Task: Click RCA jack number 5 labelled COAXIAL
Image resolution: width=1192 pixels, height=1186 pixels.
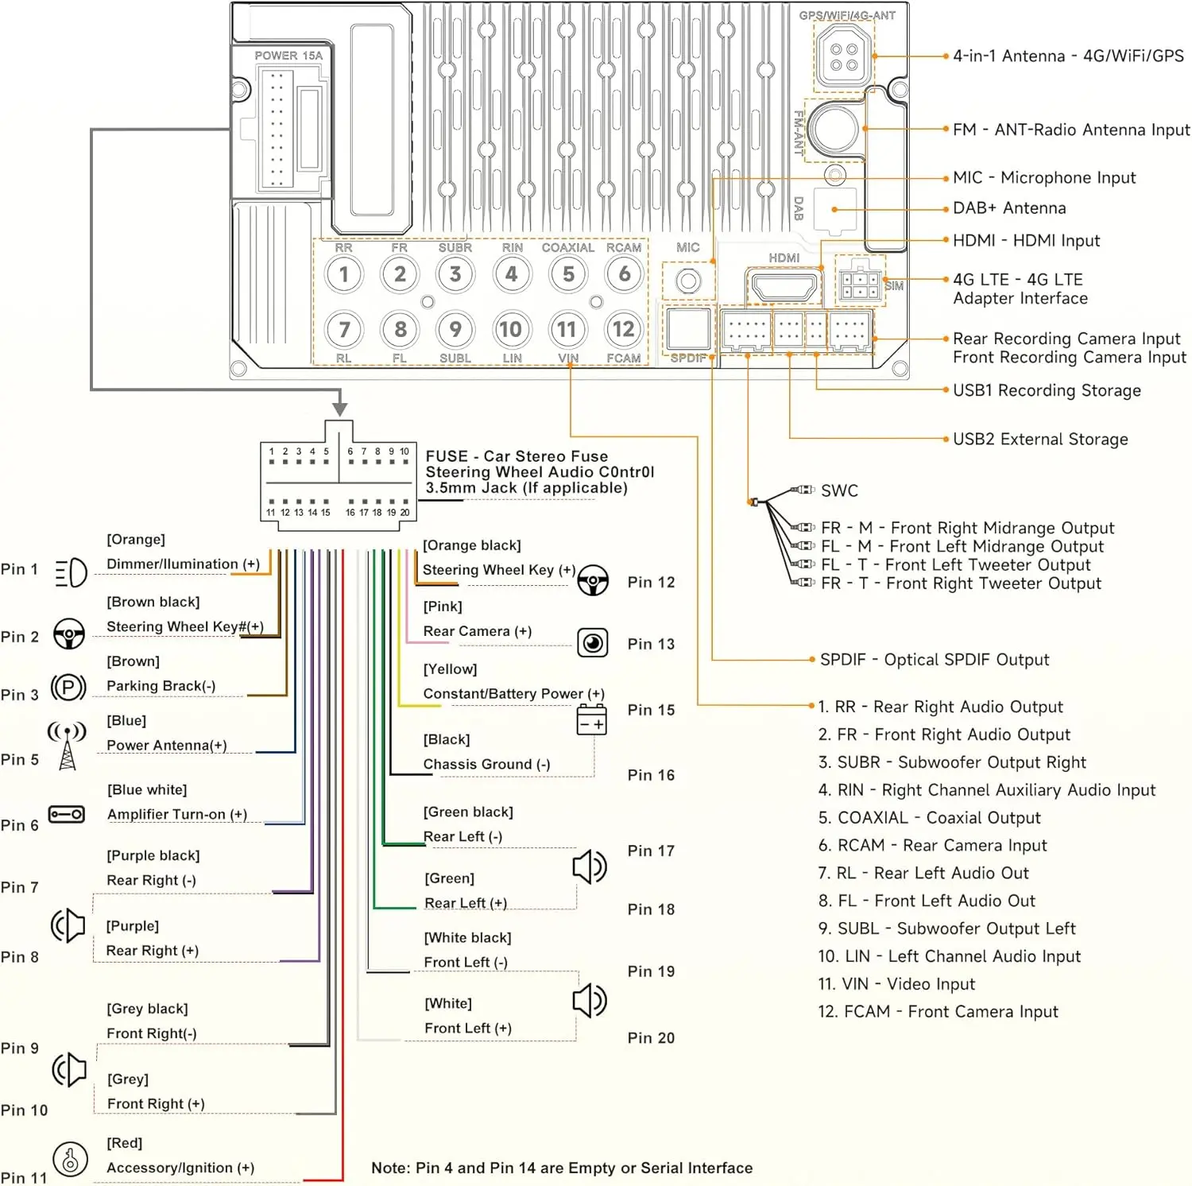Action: tap(568, 274)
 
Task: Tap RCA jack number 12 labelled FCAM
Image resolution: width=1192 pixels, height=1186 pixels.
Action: tap(624, 329)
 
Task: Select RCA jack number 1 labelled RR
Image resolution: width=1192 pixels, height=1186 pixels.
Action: tap(343, 274)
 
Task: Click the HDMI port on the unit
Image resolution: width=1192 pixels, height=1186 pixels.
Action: tap(784, 285)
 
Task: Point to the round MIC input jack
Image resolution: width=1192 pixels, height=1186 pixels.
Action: tap(688, 281)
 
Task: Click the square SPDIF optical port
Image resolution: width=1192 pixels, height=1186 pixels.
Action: tap(688, 328)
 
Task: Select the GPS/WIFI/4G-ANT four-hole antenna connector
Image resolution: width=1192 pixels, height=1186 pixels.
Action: tap(843, 56)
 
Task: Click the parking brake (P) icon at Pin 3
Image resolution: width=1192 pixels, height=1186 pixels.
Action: tap(68, 687)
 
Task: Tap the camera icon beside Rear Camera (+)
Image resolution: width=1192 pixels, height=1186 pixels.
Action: tap(593, 642)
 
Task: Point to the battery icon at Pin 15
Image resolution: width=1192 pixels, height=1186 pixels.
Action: tap(591, 719)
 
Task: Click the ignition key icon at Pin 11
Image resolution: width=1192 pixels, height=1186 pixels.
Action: tap(70, 1159)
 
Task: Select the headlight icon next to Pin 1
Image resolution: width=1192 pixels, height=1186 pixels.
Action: tap(71, 572)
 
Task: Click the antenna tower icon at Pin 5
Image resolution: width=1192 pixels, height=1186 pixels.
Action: tap(68, 746)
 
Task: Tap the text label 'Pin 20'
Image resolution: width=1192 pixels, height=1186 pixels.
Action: tap(651, 1038)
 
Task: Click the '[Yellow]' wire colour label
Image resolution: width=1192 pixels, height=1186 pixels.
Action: tap(450, 669)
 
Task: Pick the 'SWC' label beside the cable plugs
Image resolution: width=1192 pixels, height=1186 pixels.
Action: tap(839, 490)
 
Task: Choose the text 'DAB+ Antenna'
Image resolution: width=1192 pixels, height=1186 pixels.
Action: tap(1009, 208)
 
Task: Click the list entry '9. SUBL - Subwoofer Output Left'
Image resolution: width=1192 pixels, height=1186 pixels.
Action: tap(946, 928)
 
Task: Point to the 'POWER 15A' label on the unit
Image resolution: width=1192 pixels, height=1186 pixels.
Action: tap(288, 56)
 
